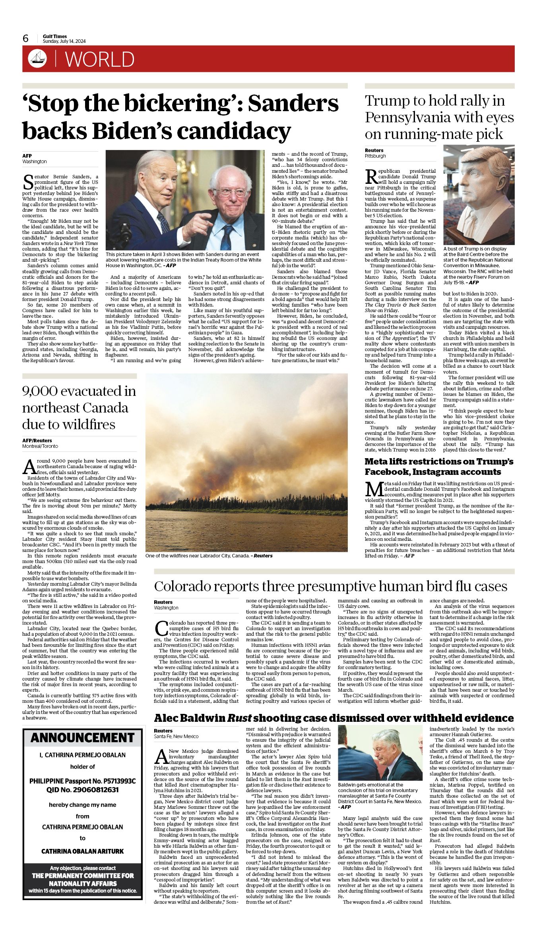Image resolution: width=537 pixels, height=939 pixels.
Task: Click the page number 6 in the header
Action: click(x=26, y=38)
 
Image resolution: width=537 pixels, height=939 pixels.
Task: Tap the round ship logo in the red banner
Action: click(x=37, y=59)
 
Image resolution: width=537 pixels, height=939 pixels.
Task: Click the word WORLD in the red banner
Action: click(x=100, y=59)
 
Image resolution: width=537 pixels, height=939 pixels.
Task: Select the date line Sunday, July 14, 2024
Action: click(x=64, y=41)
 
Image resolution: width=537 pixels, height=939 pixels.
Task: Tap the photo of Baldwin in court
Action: click(x=380, y=753)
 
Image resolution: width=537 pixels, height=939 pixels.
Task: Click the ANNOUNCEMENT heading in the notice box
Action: click(x=83, y=738)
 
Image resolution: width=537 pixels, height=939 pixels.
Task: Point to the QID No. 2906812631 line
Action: click(x=83, y=790)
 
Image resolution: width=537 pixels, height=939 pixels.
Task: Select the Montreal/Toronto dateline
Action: click(x=40, y=446)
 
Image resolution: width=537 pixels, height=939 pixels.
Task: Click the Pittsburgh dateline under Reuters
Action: click(x=375, y=156)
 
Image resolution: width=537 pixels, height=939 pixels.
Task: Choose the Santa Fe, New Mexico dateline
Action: click(x=176, y=736)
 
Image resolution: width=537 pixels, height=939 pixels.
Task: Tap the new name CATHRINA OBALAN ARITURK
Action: click(x=83, y=851)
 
